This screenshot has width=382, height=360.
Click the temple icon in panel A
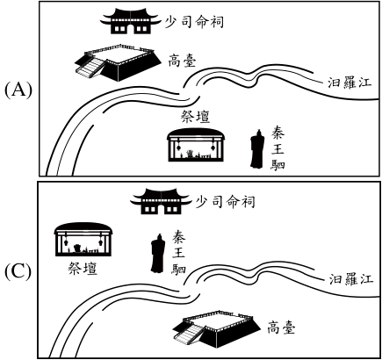131,21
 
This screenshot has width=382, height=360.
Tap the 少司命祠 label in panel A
194,22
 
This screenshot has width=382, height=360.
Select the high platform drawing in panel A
118,62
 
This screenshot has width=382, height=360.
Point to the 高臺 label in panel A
182,61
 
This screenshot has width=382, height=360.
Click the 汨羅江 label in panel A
350,83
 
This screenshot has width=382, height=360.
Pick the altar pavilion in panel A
196,145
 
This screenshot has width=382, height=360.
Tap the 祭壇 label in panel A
196,117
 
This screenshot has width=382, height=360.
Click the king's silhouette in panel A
257,149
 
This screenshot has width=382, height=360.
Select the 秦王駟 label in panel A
277,148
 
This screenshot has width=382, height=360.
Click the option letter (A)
18,90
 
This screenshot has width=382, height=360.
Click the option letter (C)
18,272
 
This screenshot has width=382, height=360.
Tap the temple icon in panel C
162,201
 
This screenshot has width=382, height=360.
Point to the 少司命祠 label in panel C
225,202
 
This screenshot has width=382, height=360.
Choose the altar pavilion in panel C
83,240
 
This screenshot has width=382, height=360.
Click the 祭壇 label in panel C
83,268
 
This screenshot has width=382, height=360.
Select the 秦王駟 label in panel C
178,252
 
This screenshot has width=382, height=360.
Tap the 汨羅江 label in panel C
351,279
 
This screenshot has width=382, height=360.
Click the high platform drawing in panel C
216,328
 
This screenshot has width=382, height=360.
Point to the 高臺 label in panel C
281,328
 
